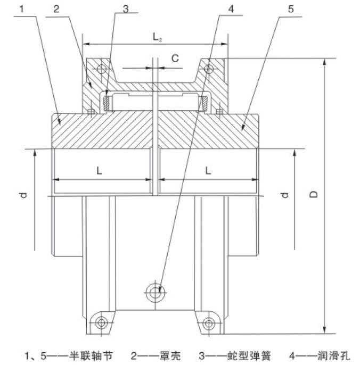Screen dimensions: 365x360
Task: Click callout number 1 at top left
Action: coord(22,9)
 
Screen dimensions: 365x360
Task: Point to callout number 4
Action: coord(230,9)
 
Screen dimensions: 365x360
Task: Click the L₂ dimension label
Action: coord(157,37)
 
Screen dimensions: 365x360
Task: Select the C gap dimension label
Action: coord(174,59)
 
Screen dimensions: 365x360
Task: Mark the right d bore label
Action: coord(284,196)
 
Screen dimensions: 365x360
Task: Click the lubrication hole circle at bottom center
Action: coord(155,291)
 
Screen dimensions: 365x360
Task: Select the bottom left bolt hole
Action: coord(100,322)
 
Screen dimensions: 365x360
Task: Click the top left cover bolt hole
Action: coord(101,69)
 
